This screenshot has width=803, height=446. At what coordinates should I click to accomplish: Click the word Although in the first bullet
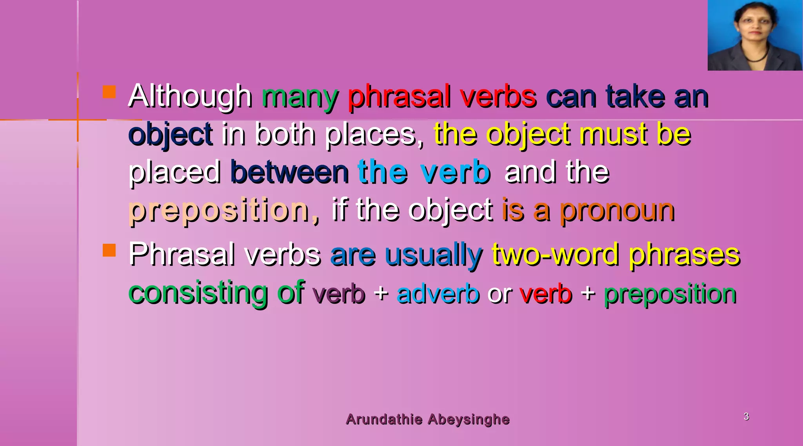coord(190,96)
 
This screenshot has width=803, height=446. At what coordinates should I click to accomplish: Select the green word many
coord(300,97)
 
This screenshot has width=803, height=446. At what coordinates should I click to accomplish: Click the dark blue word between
coord(290,172)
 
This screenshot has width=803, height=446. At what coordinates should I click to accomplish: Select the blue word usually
coord(434,255)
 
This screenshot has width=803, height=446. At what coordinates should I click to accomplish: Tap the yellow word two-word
coord(556,254)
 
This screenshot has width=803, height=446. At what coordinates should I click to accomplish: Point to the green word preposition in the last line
coord(670,294)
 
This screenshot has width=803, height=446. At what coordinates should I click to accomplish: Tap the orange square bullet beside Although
coord(109,92)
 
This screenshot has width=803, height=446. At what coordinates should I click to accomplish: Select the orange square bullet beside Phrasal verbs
coord(109,250)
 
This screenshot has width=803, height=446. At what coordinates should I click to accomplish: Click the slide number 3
coord(746,416)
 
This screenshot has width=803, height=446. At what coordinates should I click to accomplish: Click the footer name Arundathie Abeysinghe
coord(428,419)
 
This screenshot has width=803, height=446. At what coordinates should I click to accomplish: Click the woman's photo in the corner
coord(755,35)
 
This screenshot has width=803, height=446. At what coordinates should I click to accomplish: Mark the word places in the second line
coord(374,134)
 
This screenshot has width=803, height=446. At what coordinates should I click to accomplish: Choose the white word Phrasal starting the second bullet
coord(182,254)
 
